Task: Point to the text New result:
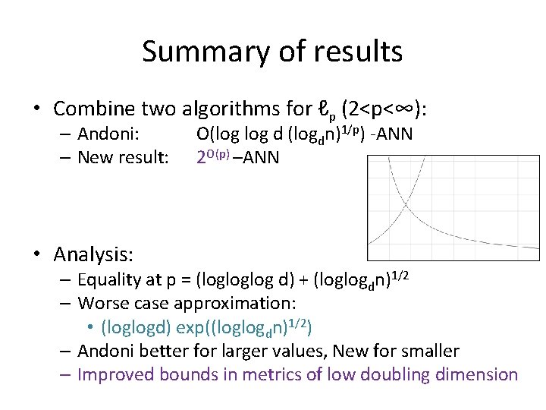click(121, 158)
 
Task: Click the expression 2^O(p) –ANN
click(237, 157)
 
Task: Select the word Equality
click(110, 279)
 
